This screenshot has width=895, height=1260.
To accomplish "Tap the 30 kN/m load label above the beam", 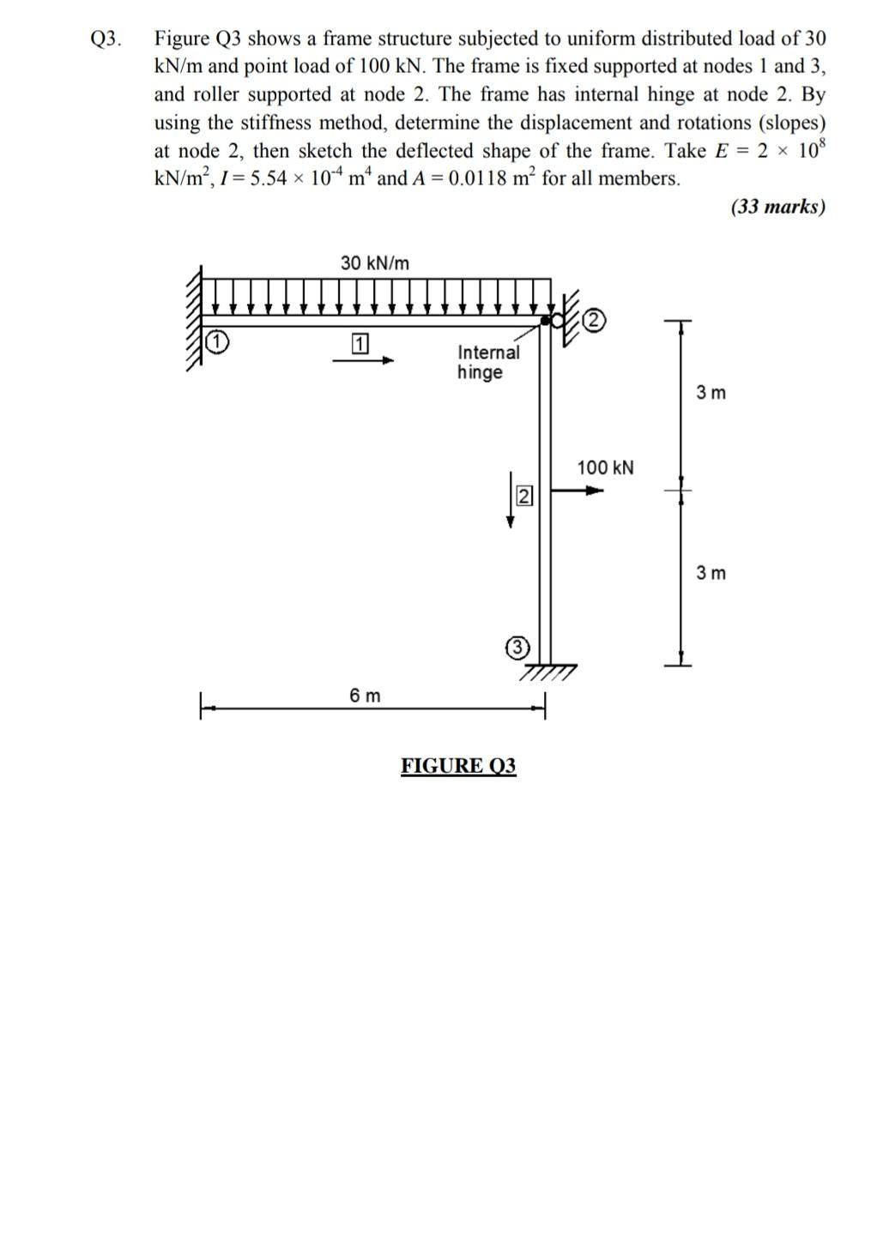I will point(375,262).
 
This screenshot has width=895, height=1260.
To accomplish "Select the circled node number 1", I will point(218,342).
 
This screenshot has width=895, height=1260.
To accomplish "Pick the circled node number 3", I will point(515,648).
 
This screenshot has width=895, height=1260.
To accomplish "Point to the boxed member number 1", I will point(360,344).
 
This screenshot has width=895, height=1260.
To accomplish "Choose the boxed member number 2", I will point(524,496).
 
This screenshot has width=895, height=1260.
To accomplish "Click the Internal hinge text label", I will point(487,362).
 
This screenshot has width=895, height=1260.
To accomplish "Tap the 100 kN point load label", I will point(605,467).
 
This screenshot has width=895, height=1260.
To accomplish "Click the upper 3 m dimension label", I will point(711,393).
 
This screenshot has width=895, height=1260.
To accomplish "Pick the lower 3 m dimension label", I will point(711,572).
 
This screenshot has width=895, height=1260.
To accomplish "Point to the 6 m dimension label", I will point(365,696).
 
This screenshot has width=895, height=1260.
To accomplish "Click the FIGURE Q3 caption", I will point(458,765).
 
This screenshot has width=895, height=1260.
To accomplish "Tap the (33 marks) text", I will point(777,207).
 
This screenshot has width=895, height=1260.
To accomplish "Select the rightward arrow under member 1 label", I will point(362,361).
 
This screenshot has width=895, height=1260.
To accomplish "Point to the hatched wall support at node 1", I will point(194,317).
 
